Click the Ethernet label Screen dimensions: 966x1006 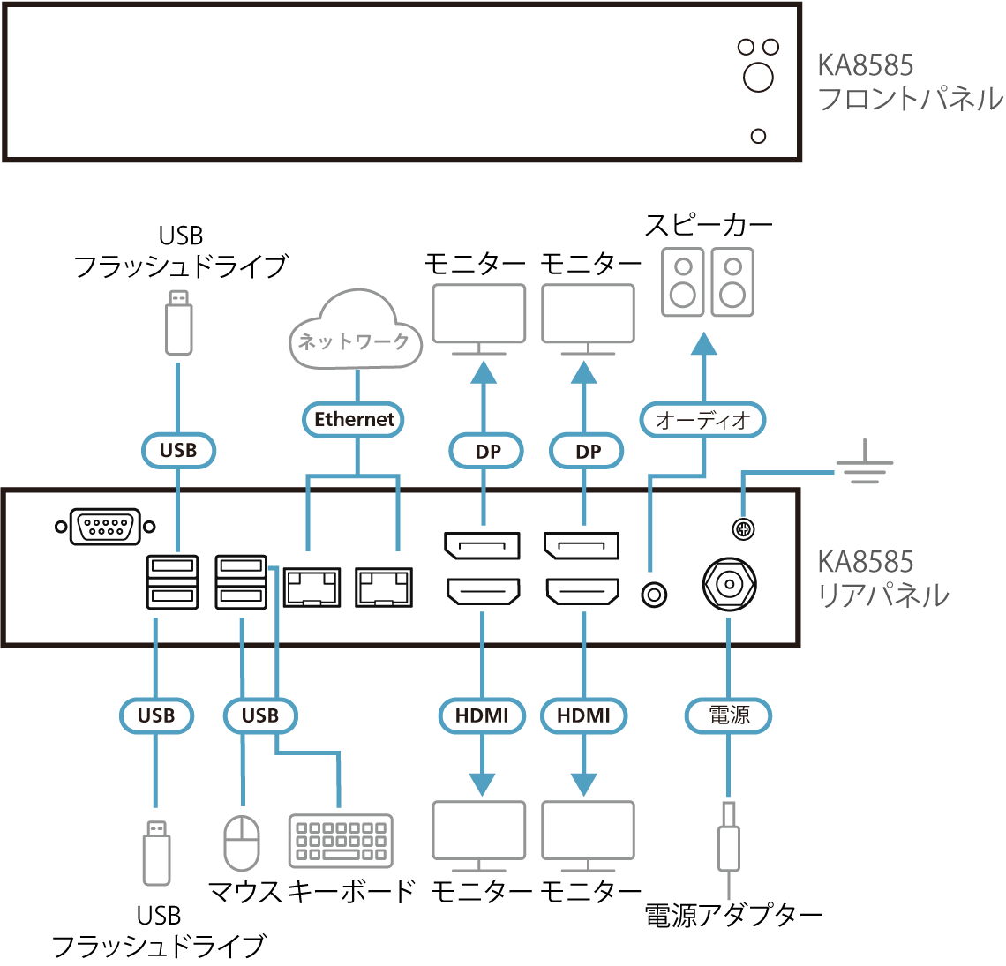[x=354, y=419]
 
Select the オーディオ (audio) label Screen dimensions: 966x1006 [x=702, y=420]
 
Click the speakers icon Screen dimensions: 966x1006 [x=708, y=282]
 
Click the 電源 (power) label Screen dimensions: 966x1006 [x=728, y=715]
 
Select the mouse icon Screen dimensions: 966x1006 [x=242, y=843]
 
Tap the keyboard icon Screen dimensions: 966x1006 [x=341, y=841]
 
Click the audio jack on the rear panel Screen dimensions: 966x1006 [x=653, y=595]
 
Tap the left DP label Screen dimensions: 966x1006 [x=487, y=452]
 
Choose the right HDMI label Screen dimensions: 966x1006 [x=583, y=715]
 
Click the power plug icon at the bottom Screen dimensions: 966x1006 [x=729, y=846]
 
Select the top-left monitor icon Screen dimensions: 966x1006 [x=479, y=316]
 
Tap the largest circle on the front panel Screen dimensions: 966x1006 [x=758, y=77]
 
